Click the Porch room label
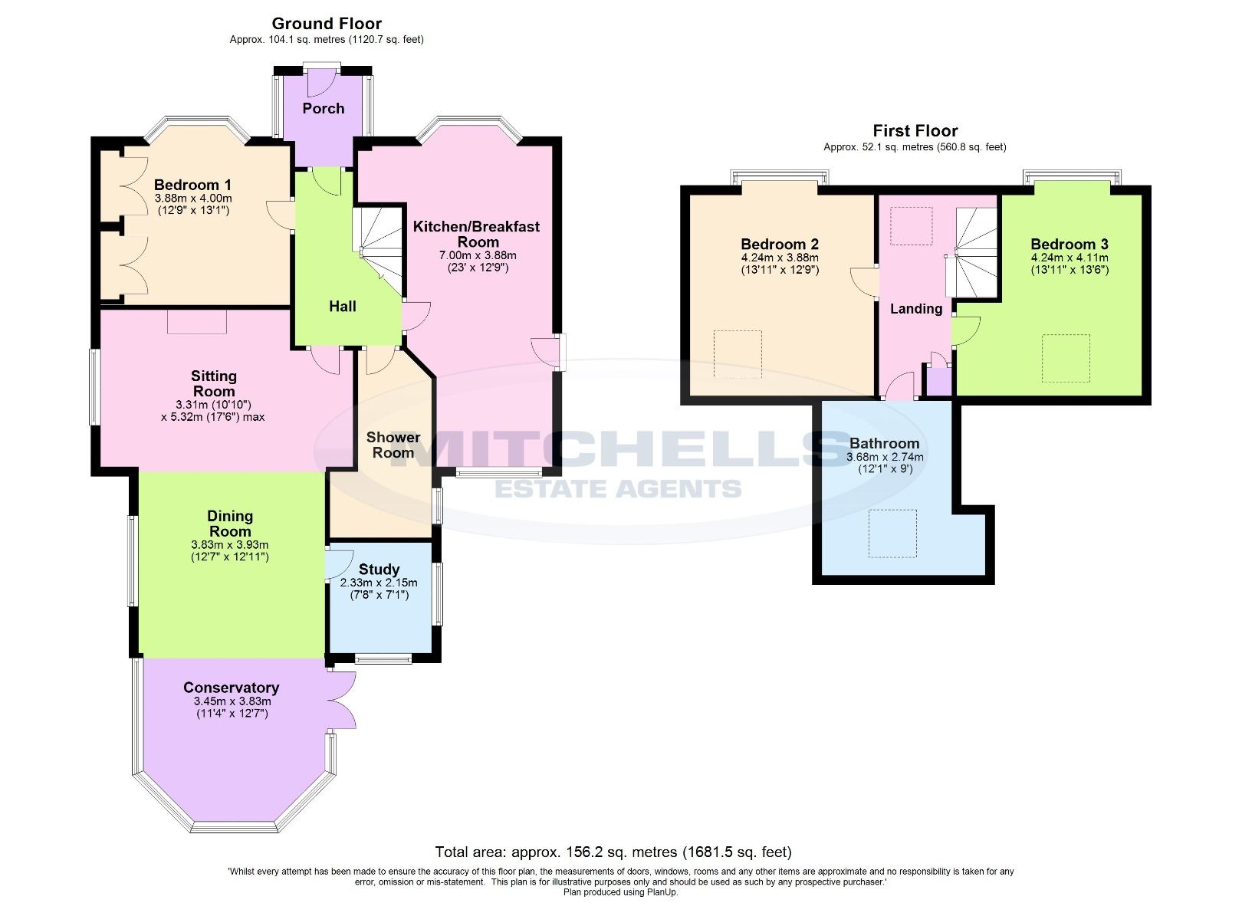pyautogui.click(x=323, y=108)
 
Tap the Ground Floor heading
pyautogui.click(x=327, y=24)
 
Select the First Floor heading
pyautogui.click(x=915, y=131)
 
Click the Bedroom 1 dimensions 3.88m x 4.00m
pyautogui.click(x=192, y=198)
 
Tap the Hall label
pyautogui.click(x=342, y=306)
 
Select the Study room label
pyautogui.click(x=379, y=569)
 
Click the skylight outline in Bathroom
pyautogui.click(x=892, y=534)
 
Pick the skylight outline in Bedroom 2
pyautogui.click(x=738, y=353)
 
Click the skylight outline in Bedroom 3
pyautogui.click(x=1066, y=358)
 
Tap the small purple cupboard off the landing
pyautogui.click(x=939, y=381)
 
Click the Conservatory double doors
pyautogui.click(x=342, y=699)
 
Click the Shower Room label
pyautogui.click(x=393, y=445)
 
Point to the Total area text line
pyautogui.click(x=613, y=852)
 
